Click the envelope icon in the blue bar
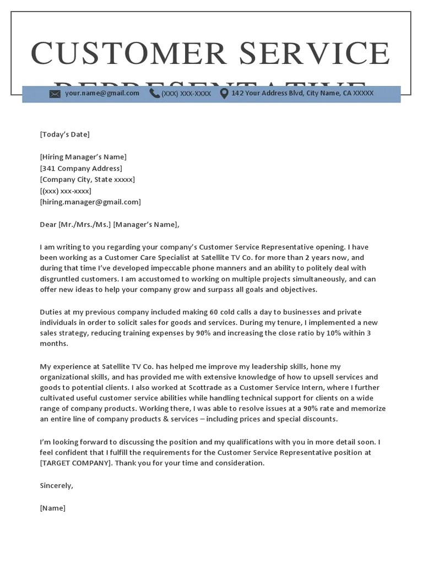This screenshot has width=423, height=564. (x=55, y=94)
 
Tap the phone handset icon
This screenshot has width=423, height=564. (x=154, y=94)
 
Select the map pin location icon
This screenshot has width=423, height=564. (x=224, y=94)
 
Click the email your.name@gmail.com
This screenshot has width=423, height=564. (x=102, y=94)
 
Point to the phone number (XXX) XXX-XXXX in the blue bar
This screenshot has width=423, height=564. (x=186, y=94)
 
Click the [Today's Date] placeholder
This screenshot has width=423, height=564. (x=64, y=134)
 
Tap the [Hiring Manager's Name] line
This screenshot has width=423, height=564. (x=83, y=157)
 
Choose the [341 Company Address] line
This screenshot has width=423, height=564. (x=81, y=169)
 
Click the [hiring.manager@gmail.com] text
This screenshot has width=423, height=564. (x=90, y=202)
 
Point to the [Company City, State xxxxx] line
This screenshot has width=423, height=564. (x=87, y=180)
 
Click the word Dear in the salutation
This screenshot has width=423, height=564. (x=48, y=225)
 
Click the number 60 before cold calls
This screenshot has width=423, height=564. (x=214, y=312)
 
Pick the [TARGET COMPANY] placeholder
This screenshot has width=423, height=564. (x=75, y=463)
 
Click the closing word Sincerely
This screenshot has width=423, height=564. (x=56, y=486)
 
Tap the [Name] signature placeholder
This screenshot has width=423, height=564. (x=52, y=508)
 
